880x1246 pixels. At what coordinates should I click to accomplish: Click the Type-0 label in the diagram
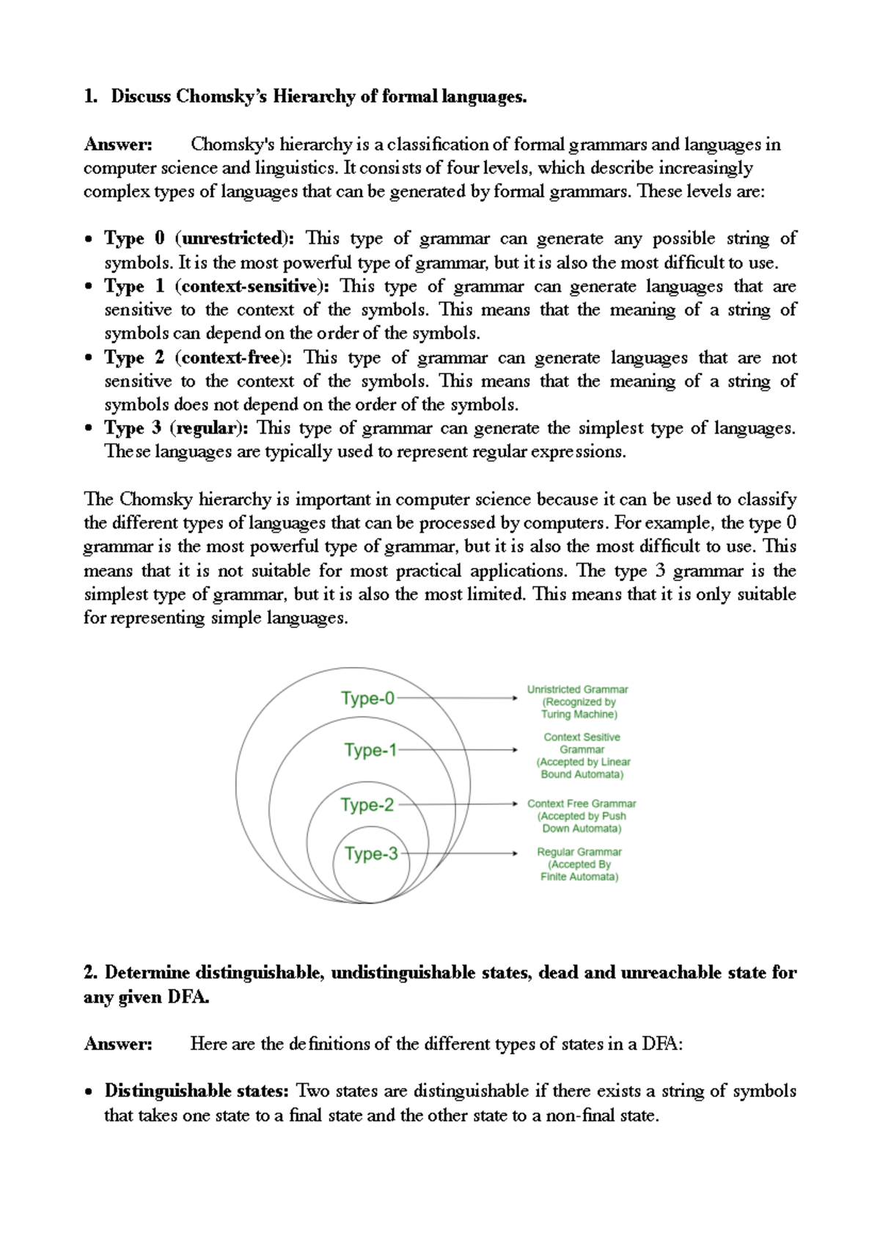(367, 698)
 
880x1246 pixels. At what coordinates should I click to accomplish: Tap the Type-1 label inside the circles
(370, 750)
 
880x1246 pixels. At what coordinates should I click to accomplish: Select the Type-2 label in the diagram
(367, 805)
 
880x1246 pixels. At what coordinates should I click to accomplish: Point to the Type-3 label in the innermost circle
(371, 853)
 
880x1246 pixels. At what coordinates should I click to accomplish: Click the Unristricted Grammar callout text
(578, 702)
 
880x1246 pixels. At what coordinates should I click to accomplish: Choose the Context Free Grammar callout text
(582, 816)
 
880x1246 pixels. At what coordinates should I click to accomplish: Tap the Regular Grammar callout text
(579, 864)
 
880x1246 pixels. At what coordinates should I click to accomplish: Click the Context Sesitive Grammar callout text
(582, 755)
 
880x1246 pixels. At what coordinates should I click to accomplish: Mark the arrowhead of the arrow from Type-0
(515, 698)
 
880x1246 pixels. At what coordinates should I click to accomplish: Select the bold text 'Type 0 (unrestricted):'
(199, 238)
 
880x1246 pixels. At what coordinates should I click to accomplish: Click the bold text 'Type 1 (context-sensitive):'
(216, 286)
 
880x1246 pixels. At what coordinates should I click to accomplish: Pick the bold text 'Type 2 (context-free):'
(198, 358)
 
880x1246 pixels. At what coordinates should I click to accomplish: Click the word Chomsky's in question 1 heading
(221, 97)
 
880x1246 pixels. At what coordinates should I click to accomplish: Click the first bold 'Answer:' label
(118, 145)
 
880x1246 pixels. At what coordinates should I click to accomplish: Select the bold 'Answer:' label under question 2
(118, 1044)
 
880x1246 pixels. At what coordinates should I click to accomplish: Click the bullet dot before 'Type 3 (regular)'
(89, 429)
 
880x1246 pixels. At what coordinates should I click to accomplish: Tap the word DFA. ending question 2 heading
(188, 997)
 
